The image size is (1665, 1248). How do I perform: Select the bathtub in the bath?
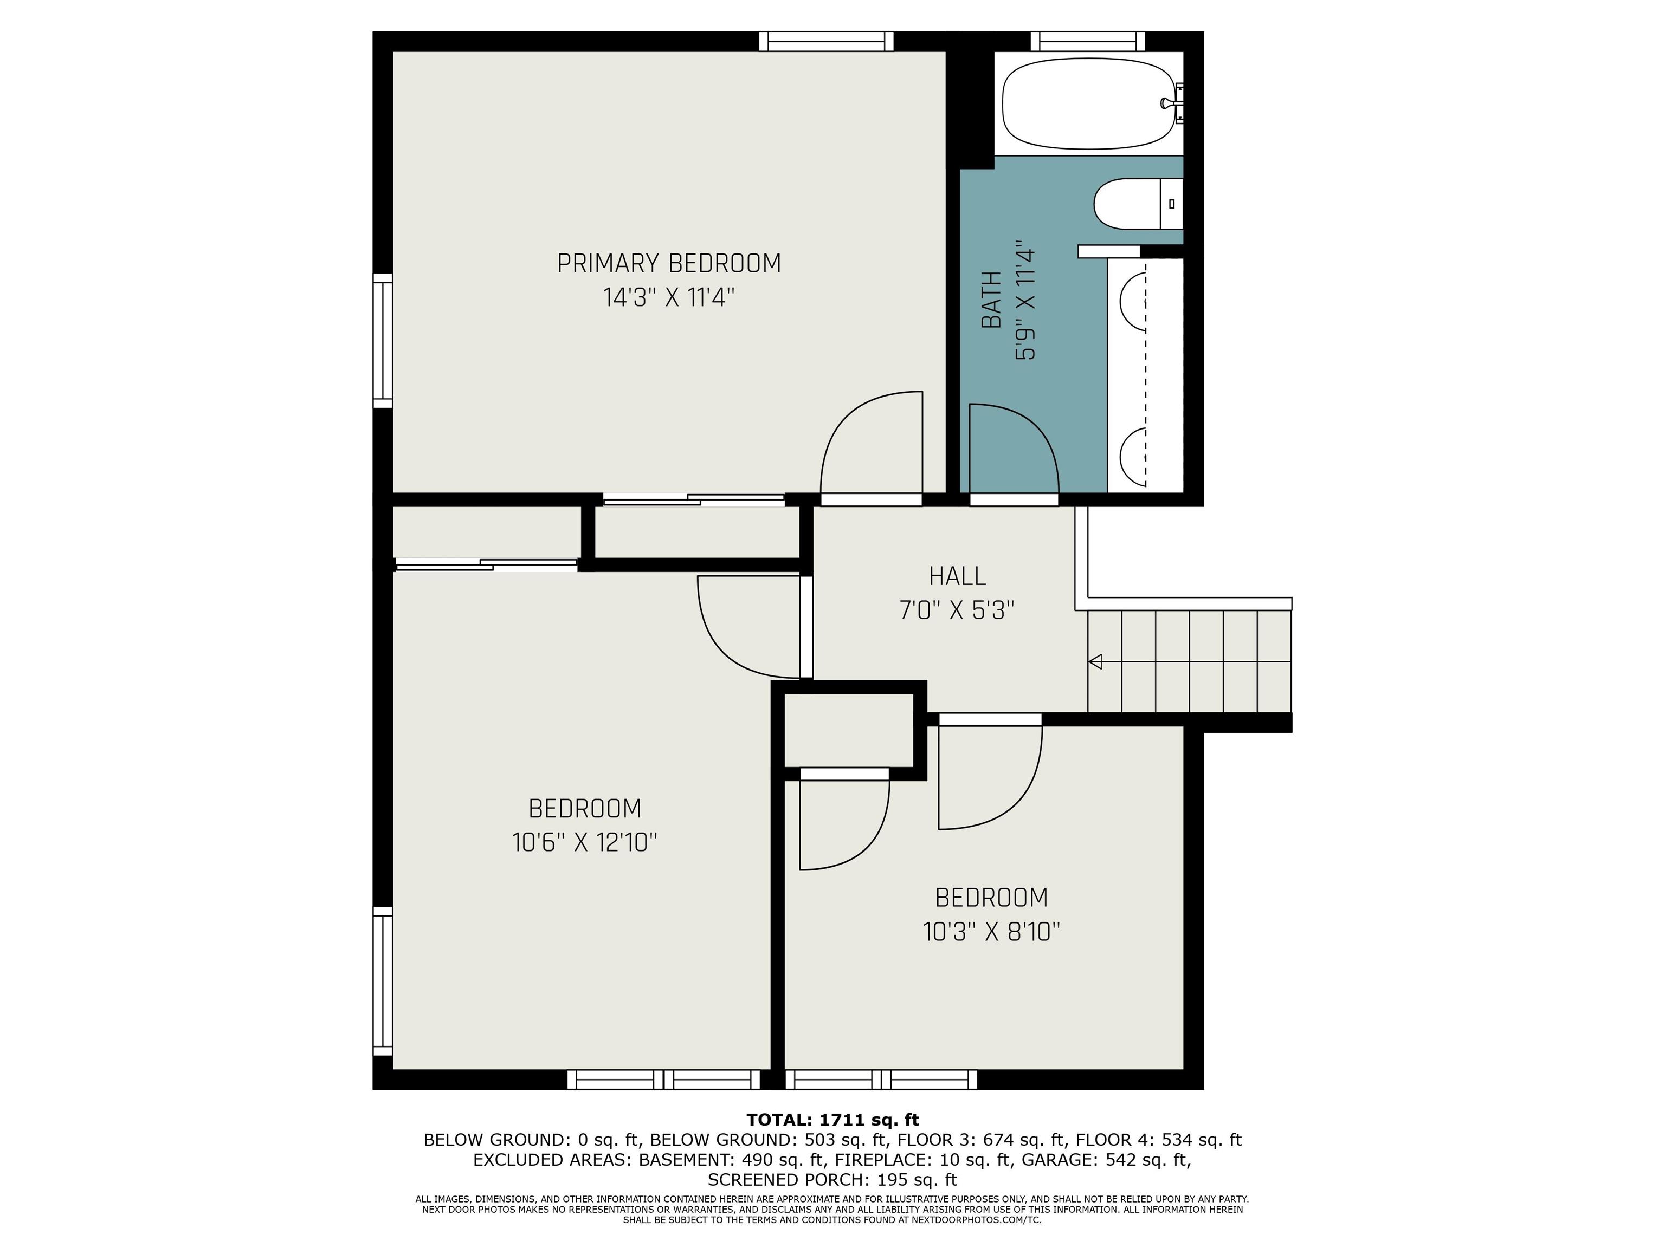pos(1088,104)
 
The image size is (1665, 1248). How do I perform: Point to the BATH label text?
pos(992,300)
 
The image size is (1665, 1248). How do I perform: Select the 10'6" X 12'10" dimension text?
pos(585,842)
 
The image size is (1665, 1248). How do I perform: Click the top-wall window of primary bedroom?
pos(826,41)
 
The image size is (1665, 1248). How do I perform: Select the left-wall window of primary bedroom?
pos(383,341)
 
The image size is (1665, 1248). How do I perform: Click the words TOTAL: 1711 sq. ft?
pos(832,1120)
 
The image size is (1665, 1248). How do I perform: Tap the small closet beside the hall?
pos(849,730)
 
